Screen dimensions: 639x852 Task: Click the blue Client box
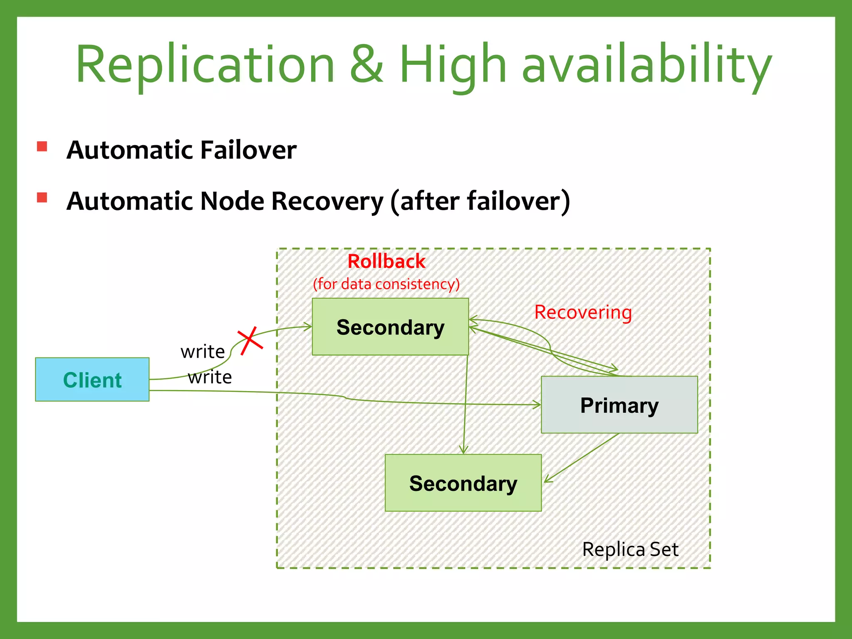pos(92,379)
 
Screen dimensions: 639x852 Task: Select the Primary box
pos(619,405)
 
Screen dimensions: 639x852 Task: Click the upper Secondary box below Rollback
pos(390,327)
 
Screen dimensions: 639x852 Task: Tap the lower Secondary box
pos(463,483)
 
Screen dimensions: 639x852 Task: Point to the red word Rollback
pos(386,262)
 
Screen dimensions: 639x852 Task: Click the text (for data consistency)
pos(386,284)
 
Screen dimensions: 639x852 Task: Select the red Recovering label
pos(583,312)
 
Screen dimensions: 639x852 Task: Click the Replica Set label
pos(630,550)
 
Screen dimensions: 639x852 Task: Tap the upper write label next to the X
pos(203,352)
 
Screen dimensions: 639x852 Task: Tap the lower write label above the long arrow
pos(210,377)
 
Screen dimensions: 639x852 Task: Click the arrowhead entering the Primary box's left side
pos(537,404)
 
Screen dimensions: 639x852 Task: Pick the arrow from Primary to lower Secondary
pos(582,458)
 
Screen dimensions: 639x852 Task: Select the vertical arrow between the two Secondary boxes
pos(465,404)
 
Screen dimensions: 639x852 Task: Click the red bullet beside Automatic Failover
pos(42,146)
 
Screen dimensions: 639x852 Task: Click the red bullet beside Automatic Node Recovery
pos(42,197)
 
